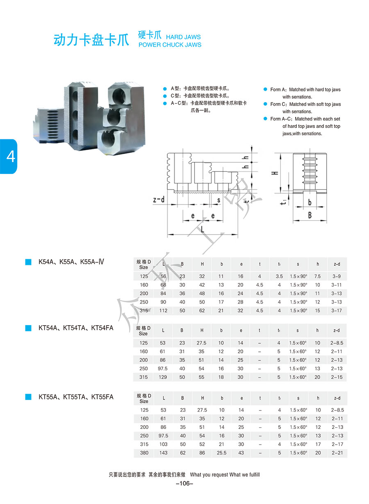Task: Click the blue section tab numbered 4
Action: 9,156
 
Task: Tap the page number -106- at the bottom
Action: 184,484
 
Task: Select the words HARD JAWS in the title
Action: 183,37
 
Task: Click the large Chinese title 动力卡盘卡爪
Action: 91,40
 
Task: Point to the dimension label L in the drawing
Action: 202,230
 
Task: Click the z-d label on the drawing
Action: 159,200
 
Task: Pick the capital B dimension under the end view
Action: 310,214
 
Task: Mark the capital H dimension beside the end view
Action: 276,173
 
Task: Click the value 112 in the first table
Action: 163,311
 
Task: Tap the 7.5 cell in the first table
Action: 317,276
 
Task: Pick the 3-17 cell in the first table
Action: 337,311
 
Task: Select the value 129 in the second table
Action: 163,377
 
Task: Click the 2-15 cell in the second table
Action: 337,377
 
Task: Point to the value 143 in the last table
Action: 163,453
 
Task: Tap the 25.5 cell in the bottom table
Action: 221,453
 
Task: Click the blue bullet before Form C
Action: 265,104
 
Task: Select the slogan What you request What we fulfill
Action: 225,475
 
